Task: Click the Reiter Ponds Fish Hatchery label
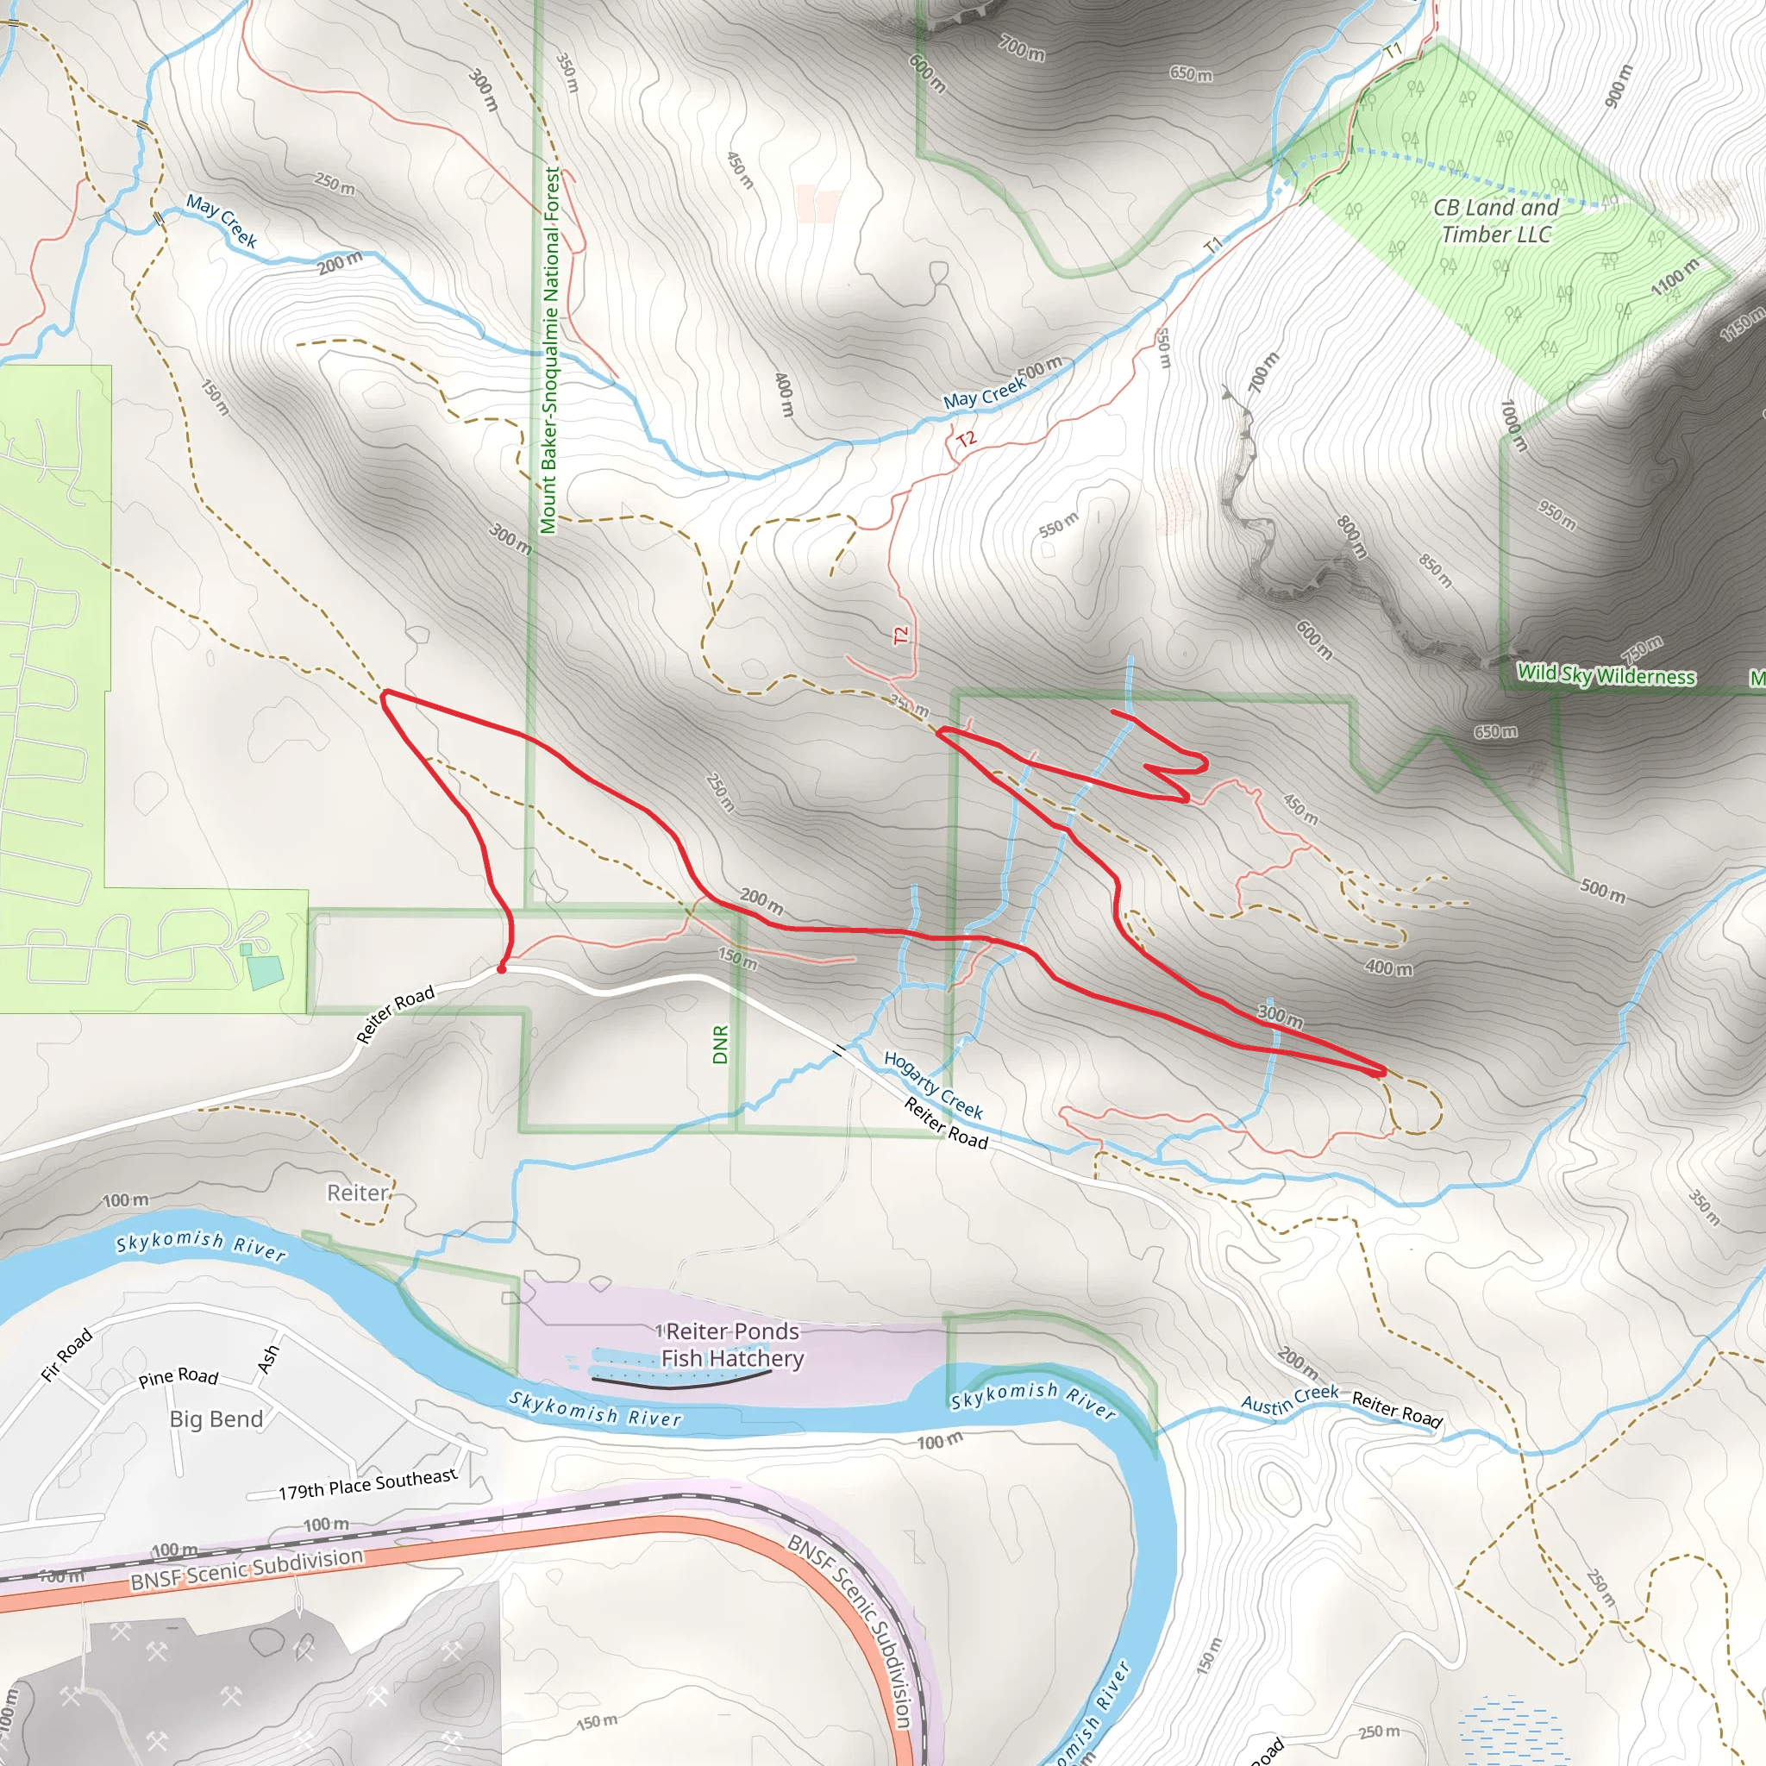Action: [x=732, y=1344]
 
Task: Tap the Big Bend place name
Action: [x=216, y=1418]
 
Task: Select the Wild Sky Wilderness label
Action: [x=1606, y=675]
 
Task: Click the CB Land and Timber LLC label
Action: [x=1495, y=222]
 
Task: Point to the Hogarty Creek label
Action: [x=933, y=1085]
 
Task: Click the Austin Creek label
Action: [x=1289, y=1400]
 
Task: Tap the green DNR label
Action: [x=720, y=1045]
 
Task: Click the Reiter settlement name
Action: [x=357, y=1193]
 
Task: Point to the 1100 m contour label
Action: [x=1675, y=277]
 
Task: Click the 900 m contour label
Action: [x=1618, y=86]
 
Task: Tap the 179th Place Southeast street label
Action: [x=367, y=1483]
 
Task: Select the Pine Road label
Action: [x=178, y=1376]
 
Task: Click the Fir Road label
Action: [x=66, y=1355]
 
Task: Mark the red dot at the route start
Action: [x=501, y=968]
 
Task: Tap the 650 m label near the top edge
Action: [x=1191, y=73]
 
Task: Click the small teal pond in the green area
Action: [x=265, y=972]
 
